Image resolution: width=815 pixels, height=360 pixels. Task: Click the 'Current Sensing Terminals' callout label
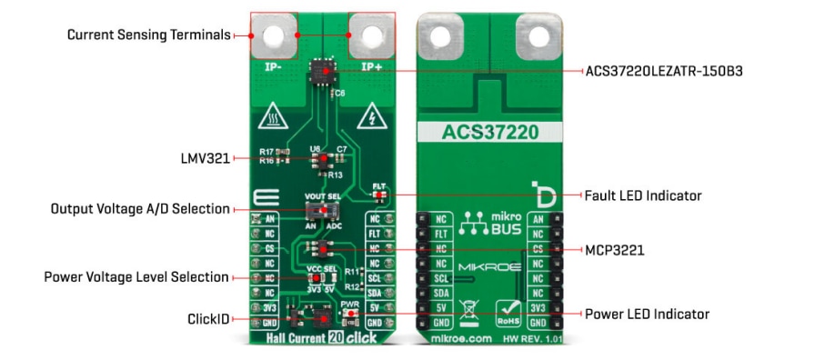[149, 35]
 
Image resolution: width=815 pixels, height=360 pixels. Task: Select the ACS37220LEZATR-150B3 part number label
[665, 70]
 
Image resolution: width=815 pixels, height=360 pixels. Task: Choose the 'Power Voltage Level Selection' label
[136, 276]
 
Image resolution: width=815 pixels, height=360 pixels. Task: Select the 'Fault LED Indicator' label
[644, 195]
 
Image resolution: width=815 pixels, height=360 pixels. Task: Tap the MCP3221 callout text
[615, 249]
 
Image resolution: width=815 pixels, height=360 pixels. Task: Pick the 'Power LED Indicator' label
[646, 315]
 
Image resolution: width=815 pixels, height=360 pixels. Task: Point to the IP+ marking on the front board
[371, 66]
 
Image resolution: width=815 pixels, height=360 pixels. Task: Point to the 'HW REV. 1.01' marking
[528, 338]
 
